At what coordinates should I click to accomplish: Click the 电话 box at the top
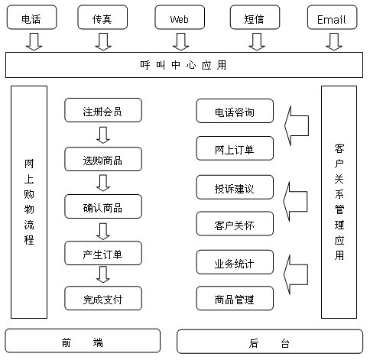(31, 18)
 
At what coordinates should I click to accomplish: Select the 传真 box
(102, 18)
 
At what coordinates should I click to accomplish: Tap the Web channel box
(180, 18)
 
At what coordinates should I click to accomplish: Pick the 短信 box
(255, 18)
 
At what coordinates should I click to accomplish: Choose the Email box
(332, 18)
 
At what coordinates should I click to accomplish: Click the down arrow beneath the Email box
(334, 41)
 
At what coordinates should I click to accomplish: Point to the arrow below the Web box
(180, 41)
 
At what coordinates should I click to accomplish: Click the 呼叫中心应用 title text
(183, 65)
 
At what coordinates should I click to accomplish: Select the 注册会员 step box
(103, 110)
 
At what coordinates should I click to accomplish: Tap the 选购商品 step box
(103, 159)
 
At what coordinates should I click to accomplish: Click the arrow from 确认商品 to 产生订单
(103, 232)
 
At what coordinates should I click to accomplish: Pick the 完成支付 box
(103, 298)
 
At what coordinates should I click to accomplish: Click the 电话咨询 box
(235, 111)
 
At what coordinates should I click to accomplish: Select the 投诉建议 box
(235, 187)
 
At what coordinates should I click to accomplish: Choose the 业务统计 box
(235, 262)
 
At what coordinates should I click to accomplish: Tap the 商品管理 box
(235, 298)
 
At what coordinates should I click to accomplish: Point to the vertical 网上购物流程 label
(29, 202)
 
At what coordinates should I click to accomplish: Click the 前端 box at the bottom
(83, 341)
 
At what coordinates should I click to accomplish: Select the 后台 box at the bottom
(270, 342)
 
